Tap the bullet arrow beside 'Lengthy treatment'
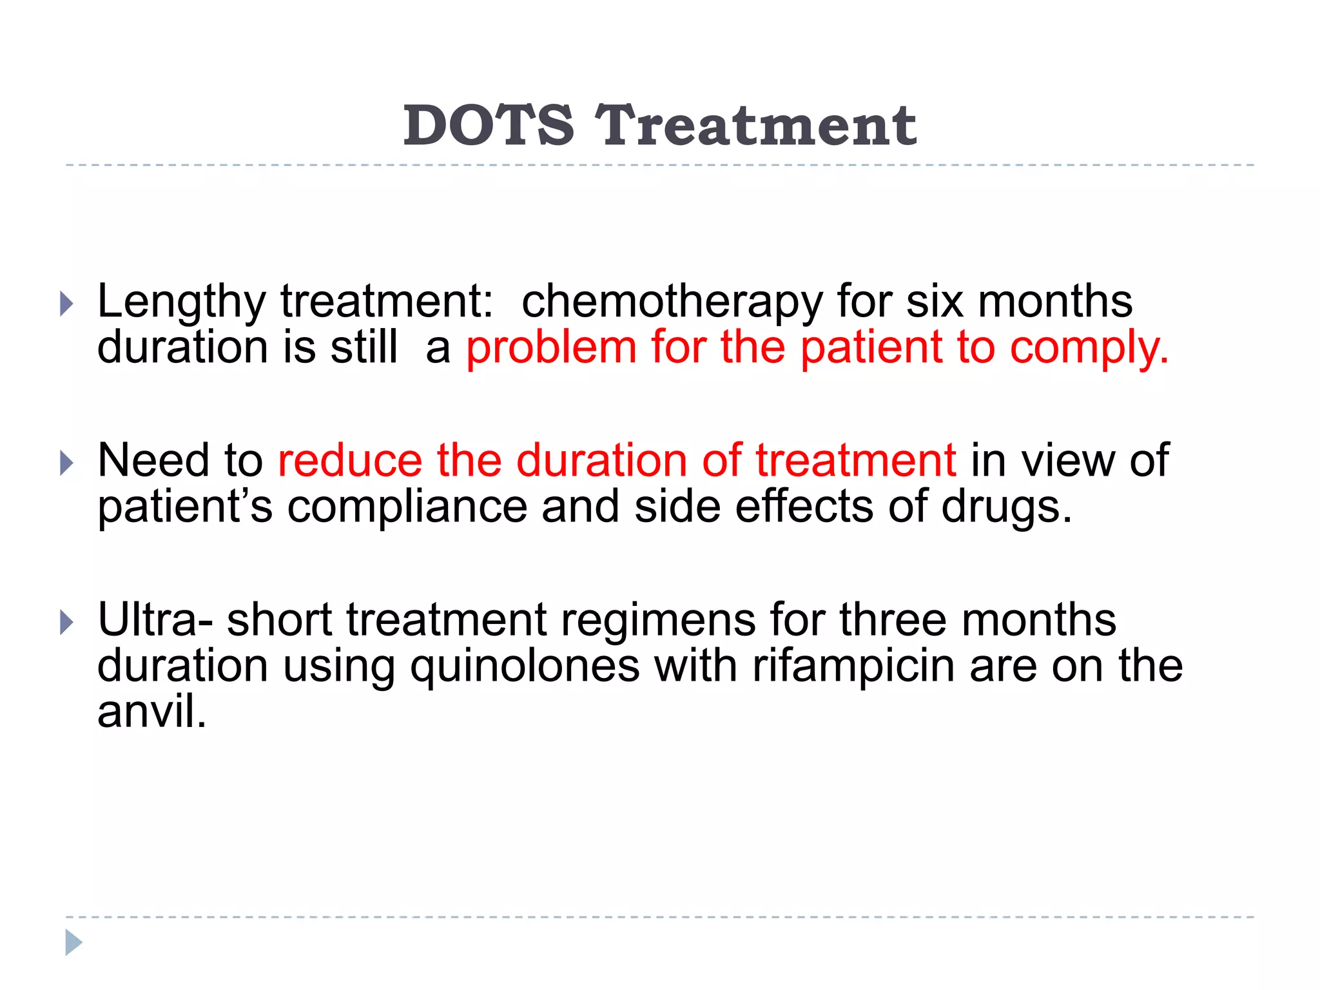(66, 303)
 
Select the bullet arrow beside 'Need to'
(66, 462)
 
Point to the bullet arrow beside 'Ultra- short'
(66, 622)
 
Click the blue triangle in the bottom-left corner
(73, 942)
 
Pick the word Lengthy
(181, 302)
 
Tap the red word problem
(551, 348)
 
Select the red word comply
(1089, 348)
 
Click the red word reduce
(349, 460)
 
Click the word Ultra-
(155, 619)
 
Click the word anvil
(151, 712)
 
